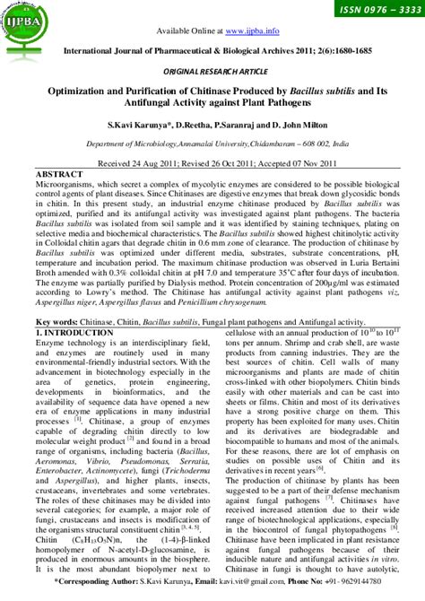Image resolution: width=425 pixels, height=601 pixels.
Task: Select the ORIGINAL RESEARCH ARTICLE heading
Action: point(212,69)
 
